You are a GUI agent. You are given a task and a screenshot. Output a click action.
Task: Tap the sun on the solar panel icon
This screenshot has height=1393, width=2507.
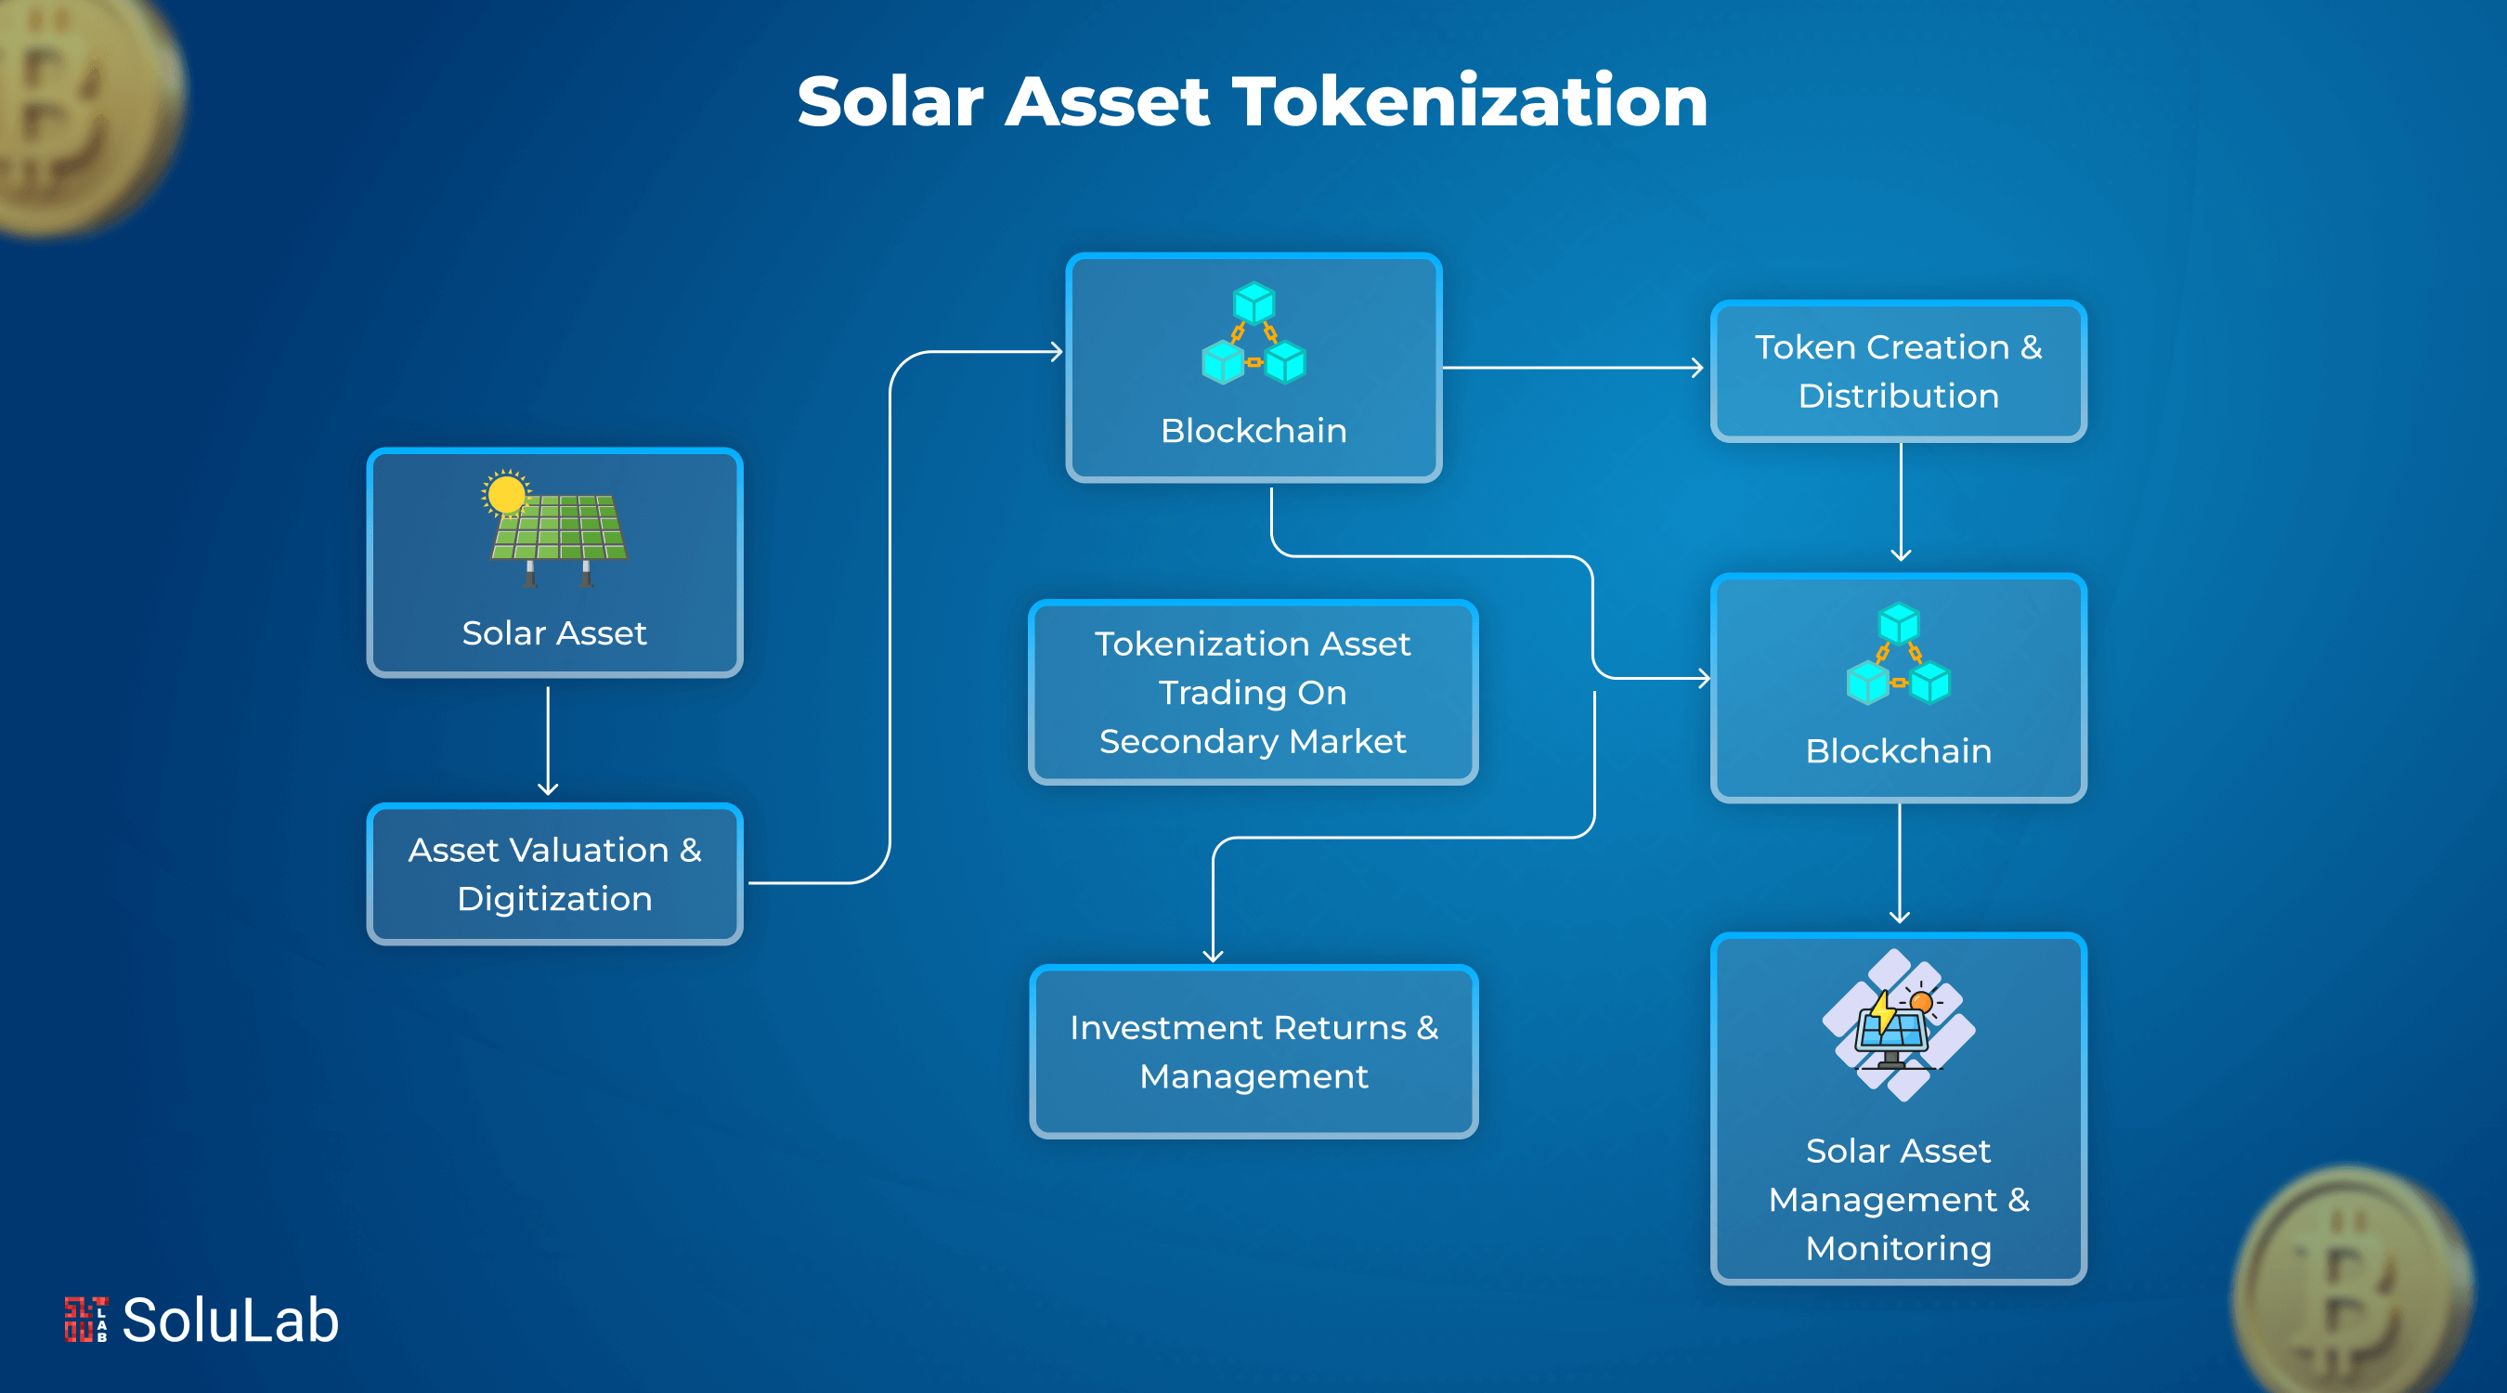[506, 493]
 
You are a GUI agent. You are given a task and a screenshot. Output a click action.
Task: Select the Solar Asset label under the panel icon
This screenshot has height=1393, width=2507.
[553, 633]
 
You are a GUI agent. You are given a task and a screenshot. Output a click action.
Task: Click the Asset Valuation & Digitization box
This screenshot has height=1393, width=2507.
[554, 874]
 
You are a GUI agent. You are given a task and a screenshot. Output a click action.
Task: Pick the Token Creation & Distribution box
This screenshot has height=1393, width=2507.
[1898, 371]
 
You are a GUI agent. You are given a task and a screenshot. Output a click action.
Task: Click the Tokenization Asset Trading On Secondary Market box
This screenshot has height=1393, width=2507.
[1253, 692]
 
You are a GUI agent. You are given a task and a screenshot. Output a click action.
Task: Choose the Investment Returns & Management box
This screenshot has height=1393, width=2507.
[1253, 1051]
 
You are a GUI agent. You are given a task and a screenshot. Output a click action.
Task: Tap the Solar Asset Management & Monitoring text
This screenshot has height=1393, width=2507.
[1898, 1199]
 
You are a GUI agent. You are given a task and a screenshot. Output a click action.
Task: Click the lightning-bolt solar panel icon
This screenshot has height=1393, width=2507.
[1896, 1026]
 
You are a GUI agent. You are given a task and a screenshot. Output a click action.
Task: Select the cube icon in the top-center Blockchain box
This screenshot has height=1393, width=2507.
[1253, 332]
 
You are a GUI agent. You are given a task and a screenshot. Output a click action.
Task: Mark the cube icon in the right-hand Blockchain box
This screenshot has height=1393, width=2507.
[1898, 654]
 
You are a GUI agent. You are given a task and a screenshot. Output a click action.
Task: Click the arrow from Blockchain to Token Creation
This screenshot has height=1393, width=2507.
[1572, 368]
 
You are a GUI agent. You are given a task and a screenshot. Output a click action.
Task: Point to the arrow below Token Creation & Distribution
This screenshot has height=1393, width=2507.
[1901, 502]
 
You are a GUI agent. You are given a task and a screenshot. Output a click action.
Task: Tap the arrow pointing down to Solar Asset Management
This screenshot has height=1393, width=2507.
[1900, 864]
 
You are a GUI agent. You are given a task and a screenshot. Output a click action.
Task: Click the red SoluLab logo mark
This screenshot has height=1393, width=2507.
[85, 1320]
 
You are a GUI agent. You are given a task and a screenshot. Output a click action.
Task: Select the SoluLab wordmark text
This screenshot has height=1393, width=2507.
[230, 1321]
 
